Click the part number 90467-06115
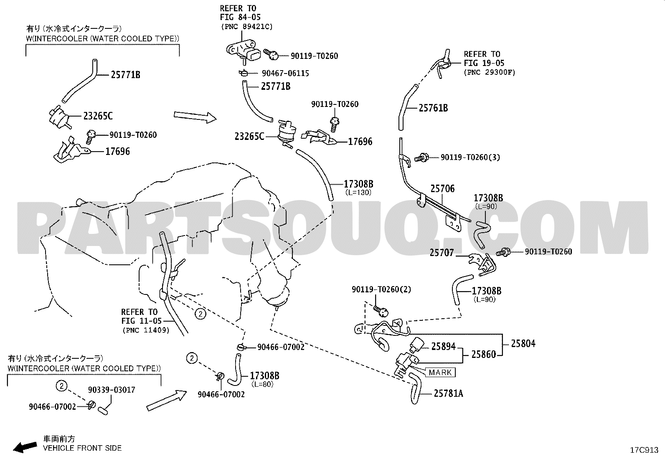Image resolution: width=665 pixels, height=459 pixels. (x=285, y=74)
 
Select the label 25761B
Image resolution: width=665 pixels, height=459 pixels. (x=433, y=108)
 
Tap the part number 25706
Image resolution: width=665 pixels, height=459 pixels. (x=442, y=188)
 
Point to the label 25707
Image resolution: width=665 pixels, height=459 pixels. (x=442, y=253)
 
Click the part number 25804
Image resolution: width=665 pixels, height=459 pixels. (x=523, y=343)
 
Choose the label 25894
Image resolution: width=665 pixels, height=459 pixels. (x=443, y=346)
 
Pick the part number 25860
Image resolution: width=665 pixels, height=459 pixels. (x=484, y=354)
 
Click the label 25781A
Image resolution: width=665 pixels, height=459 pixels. (x=448, y=393)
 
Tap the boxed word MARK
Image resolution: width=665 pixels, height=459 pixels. (x=440, y=372)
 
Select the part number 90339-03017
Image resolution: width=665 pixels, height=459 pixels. (x=112, y=390)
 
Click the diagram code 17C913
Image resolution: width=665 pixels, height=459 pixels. (x=644, y=450)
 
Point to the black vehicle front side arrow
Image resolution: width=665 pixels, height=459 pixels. (x=25, y=447)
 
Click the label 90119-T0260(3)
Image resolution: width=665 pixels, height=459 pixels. (x=470, y=157)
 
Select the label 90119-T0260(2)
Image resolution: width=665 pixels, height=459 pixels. (x=381, y=289)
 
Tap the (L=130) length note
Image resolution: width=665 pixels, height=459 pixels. (x=358, y=193)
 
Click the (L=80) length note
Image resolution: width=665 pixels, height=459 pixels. (x=262, y=384)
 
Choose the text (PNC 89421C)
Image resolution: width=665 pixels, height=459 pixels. (x=247, y=27)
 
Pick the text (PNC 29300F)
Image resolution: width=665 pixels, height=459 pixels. (x=490, y=72)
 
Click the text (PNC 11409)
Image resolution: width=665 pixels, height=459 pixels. (x=146, y=330)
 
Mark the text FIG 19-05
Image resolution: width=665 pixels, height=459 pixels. (x=484, y=63)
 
